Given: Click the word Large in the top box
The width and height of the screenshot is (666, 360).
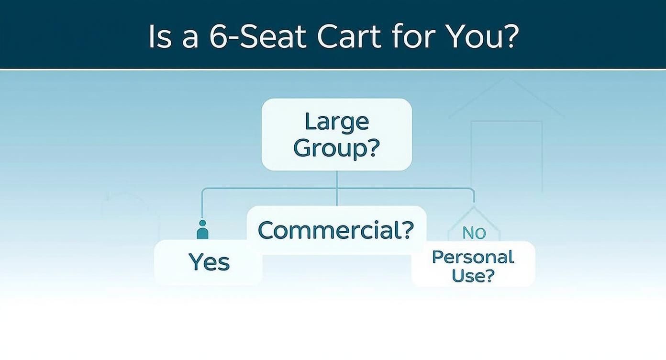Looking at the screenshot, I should [x=337, y=122].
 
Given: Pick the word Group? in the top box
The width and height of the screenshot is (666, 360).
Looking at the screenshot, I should [x=337, y=148].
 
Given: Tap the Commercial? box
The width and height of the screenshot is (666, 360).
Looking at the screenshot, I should [x=336, y=230].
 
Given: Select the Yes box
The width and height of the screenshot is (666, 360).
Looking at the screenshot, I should [x=209, y=262].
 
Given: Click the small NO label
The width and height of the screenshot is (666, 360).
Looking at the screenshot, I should [x=474, y=233].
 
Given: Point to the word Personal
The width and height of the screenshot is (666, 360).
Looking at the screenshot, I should [x=473, y=257].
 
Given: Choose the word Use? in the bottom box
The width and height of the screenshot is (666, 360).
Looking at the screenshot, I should [x=473, y=276].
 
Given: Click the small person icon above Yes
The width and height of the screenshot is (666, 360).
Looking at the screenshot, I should [x=202, y=230].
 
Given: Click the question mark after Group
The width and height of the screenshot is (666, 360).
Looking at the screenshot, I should [x=372, y=148].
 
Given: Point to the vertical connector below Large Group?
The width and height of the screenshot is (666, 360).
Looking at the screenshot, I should [x=337, y=187].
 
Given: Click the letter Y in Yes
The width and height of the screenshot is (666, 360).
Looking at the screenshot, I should [x=196, y=262].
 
